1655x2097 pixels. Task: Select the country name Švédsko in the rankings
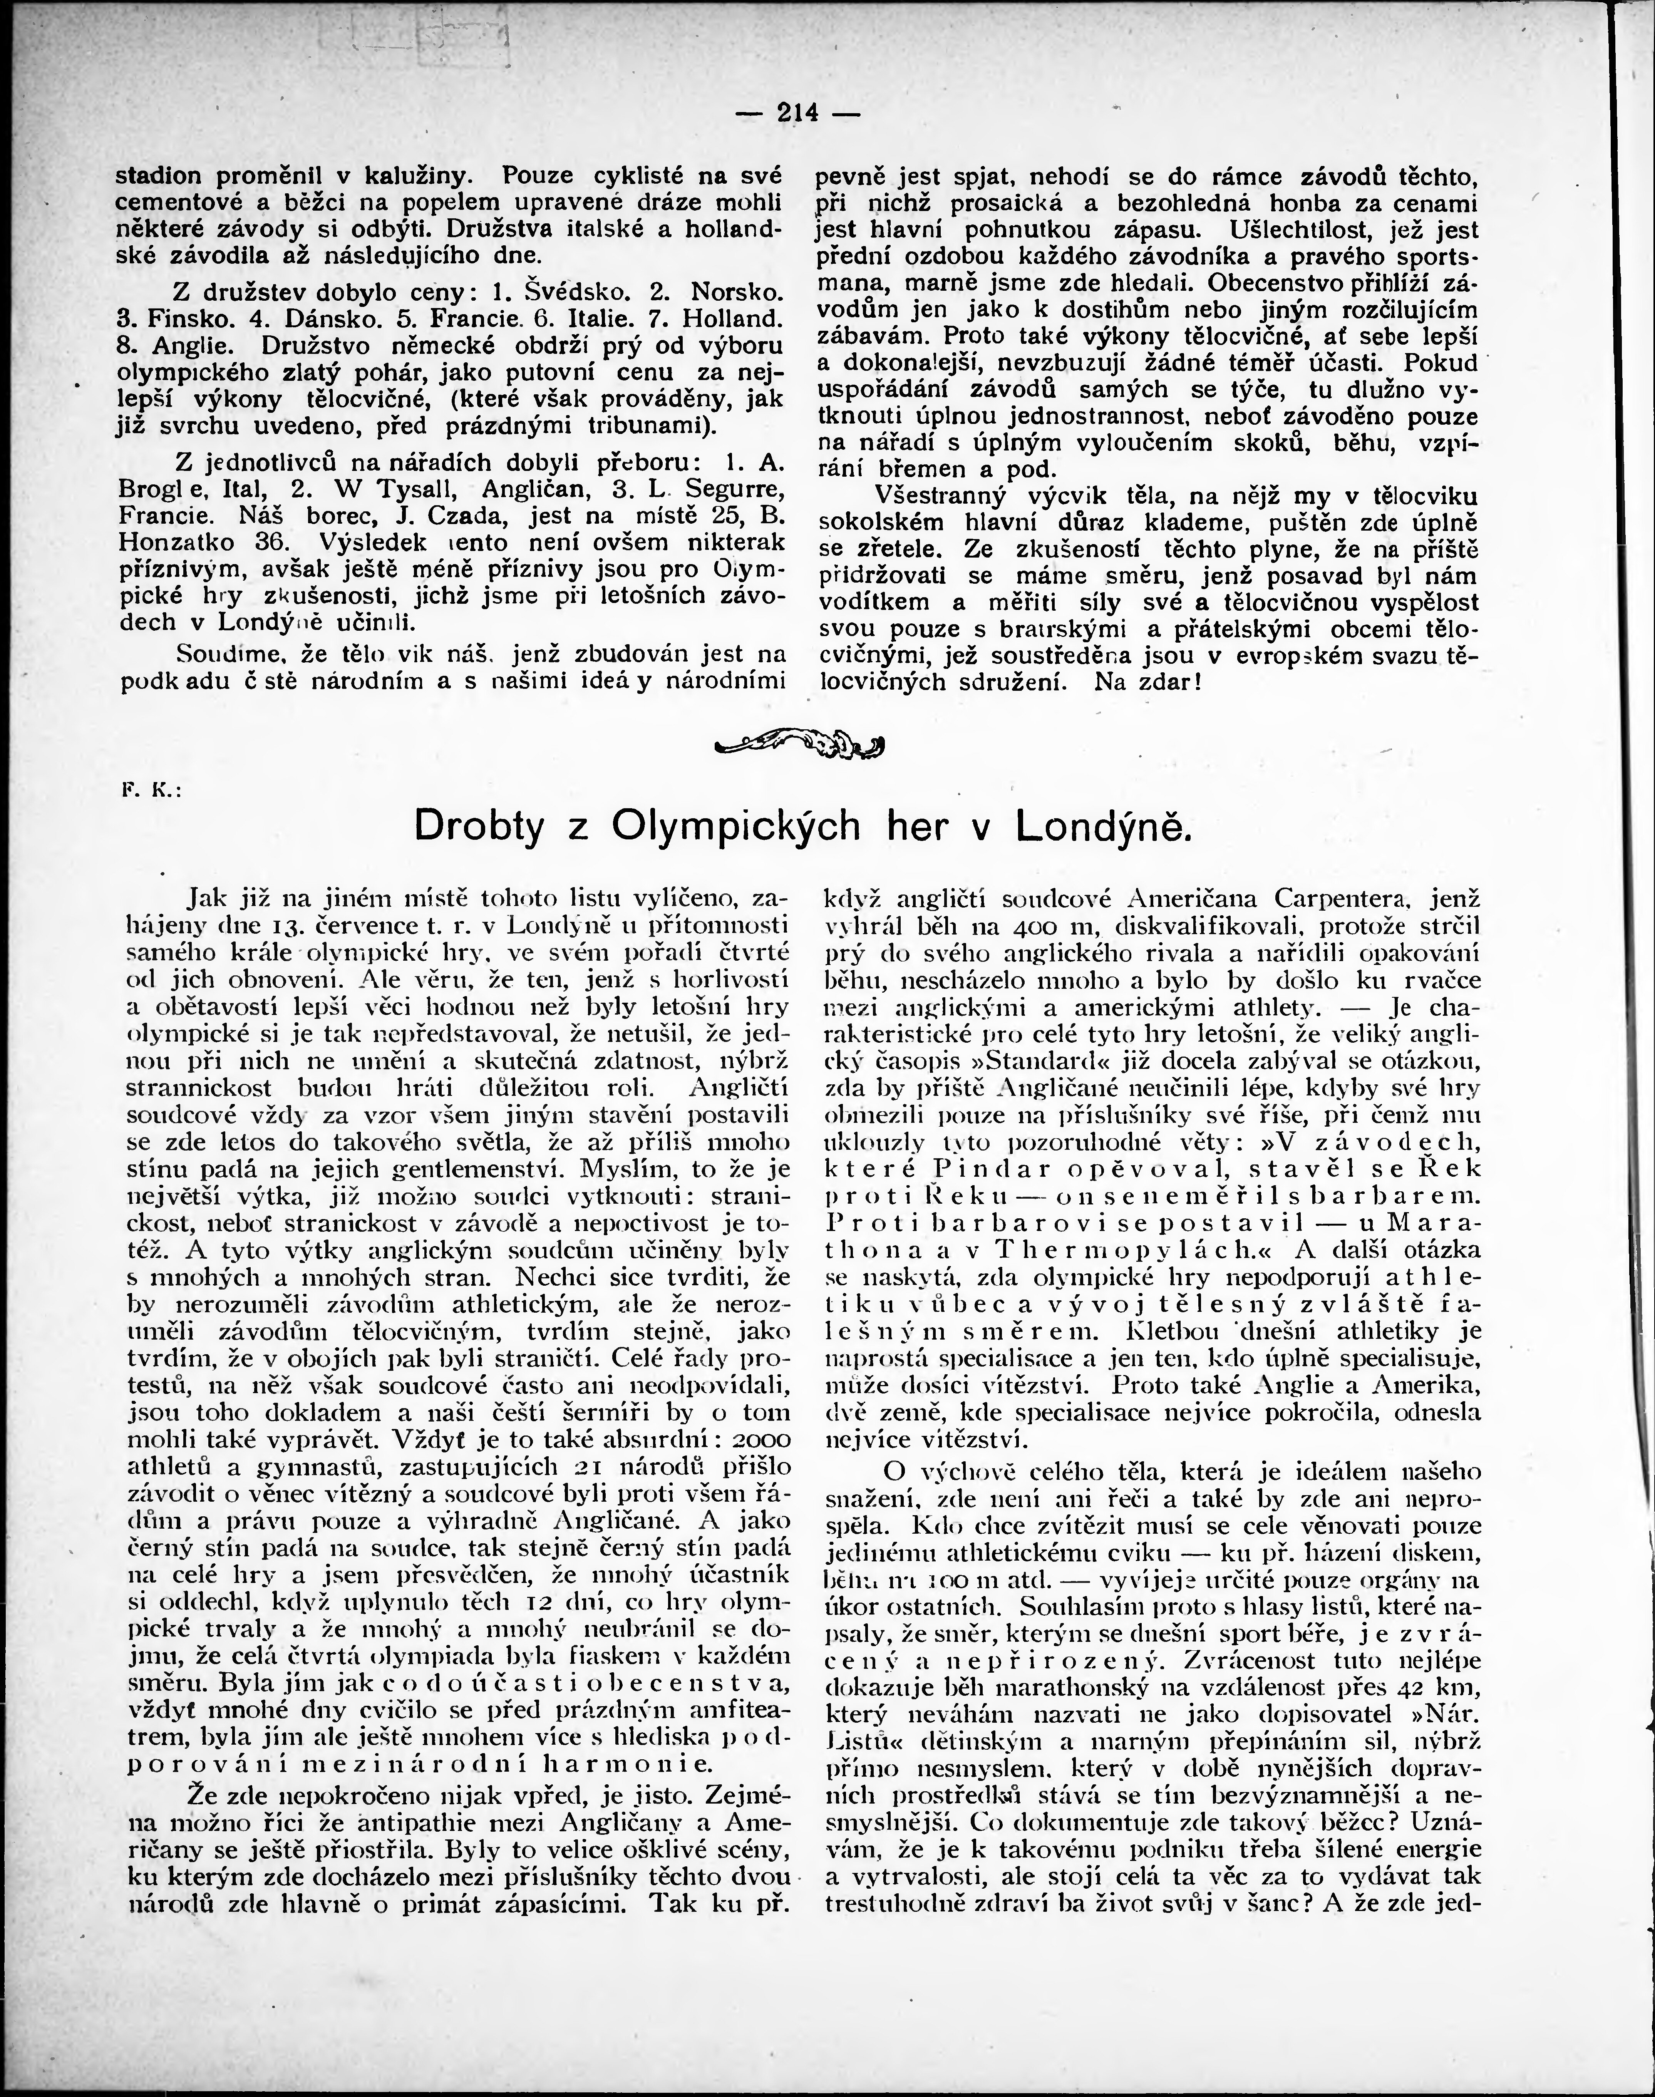pos(576,292)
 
